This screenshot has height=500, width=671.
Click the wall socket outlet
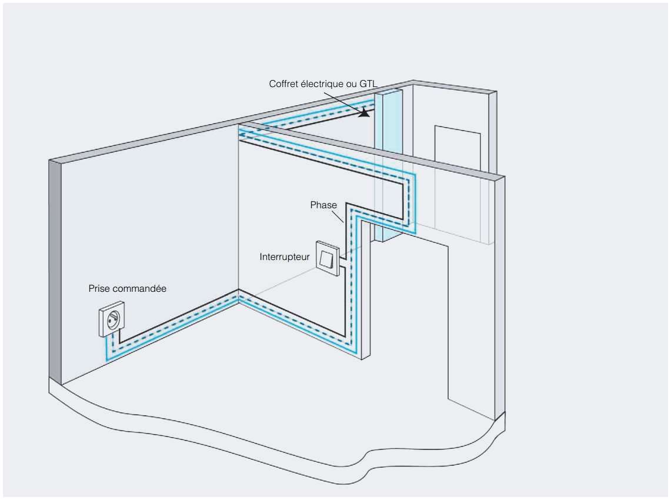(112, 319)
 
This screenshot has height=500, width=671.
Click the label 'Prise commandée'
(127, 288)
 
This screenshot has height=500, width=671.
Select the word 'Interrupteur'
(284, 257)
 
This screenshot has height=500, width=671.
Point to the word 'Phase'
(323, 205)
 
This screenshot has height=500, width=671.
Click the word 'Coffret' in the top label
(283, 84)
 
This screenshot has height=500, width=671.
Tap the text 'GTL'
(369, 84)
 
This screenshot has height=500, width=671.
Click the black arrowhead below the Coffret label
(364, 112)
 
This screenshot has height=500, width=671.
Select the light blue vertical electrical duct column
(388, 165)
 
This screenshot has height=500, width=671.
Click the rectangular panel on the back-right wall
(457, 147)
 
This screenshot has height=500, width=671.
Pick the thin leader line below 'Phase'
(338, 216)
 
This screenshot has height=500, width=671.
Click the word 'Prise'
(99, 288)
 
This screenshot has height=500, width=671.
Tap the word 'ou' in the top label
(351, 84)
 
